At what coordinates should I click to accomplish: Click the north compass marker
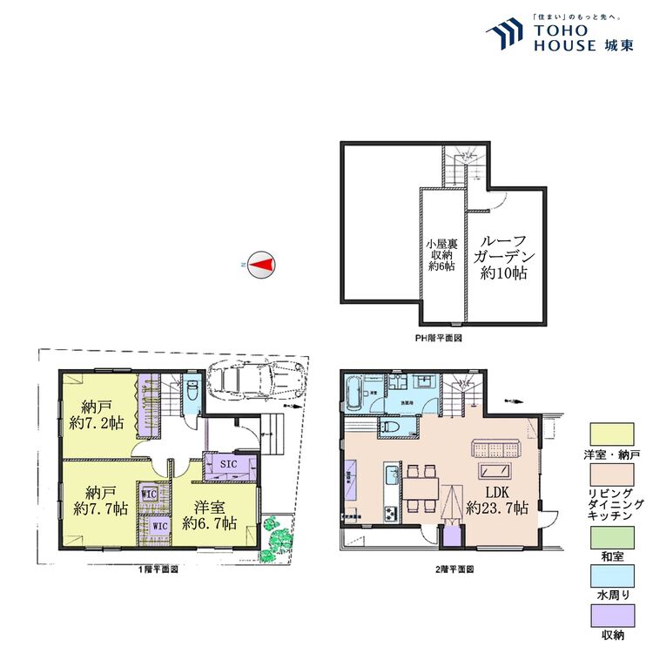click(261, 264)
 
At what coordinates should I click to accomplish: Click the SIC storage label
click(226, 465)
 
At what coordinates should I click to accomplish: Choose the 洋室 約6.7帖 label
click(210, 515)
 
